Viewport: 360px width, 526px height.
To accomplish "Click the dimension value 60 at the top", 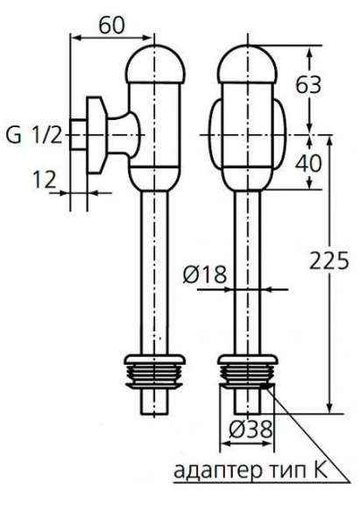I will [109, 24].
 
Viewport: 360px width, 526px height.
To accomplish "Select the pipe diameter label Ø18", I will [206, 274].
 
